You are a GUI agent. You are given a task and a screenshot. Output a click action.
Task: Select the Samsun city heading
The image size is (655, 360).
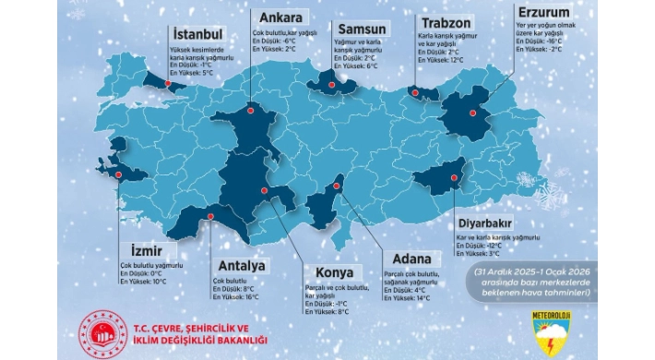(x=360, y=29)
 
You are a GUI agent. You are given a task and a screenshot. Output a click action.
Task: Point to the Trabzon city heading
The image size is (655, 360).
(x=449, y=21)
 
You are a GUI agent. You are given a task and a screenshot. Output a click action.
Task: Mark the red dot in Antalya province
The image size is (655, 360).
(x=211, y=218)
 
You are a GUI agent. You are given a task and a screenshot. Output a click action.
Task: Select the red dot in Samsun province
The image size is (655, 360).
(x=328, y=80)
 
